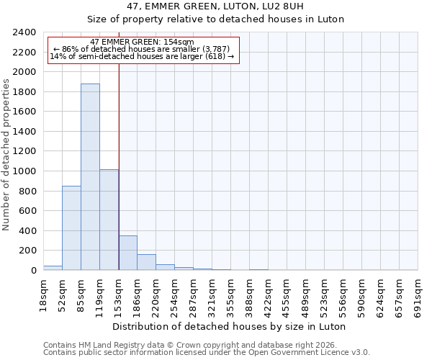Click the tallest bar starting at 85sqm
coord(90,177)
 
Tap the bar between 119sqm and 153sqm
coord(109,220)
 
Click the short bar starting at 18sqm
coord(53,268)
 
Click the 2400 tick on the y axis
coord(24,32)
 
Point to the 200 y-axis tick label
coord(27,251)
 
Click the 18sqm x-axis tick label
coord(43,293)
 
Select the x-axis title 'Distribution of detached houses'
coord(229,326)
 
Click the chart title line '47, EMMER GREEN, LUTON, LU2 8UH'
coord(215,6)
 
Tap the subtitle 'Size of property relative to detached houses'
coord(215,19)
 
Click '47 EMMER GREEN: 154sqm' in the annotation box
coord(142,42)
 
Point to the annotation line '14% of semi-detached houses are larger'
coord(142,56)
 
